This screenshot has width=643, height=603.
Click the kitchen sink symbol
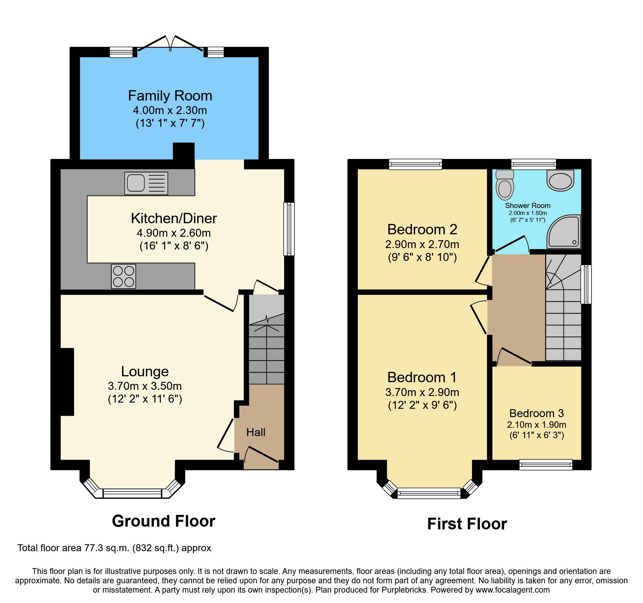click(x=146, y=183)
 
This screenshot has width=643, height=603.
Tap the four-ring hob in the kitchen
click(x=123, y=276)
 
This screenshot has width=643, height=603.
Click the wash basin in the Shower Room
click(x=560, y=180)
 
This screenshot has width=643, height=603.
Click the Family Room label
click(x=170, y=96)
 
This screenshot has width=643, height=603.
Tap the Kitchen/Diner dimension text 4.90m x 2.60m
click(x=174, y=233)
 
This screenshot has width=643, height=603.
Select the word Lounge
click(x=145, y=371)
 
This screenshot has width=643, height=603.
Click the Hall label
click(x=256, y=432)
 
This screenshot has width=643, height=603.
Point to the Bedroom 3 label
click(x=537, y=413)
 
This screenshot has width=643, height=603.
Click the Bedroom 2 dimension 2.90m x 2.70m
click(x=422, y=244)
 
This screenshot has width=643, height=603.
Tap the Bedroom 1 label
click(x=422, y=377)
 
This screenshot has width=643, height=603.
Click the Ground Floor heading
click(x=164, y=521)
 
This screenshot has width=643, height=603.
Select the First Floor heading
click(x=467, y=524)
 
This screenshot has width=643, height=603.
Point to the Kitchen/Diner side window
click(x=289, y=229)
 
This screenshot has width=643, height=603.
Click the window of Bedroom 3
click(x=546, y=464)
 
